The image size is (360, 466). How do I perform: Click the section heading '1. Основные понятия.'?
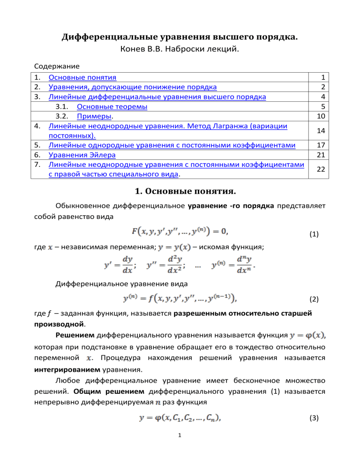point(180,189)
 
